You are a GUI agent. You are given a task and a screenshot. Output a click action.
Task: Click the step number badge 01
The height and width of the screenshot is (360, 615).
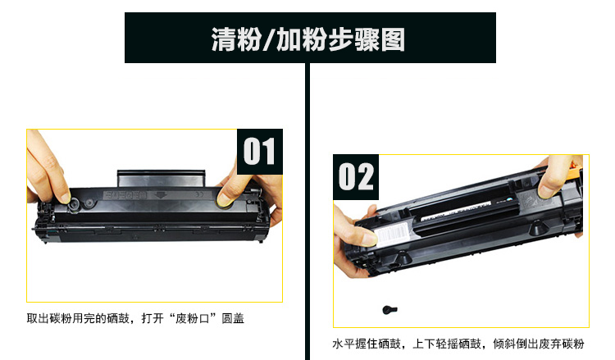[260, 152]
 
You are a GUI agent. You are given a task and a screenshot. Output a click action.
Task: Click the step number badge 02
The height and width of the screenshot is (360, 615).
[356, 177]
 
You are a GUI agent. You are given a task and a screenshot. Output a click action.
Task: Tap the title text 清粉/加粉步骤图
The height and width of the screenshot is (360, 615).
[308, 39]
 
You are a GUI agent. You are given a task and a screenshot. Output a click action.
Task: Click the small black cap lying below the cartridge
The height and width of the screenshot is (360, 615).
[389, 310]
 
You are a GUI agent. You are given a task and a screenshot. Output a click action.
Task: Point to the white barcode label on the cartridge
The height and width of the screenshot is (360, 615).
[394, 234]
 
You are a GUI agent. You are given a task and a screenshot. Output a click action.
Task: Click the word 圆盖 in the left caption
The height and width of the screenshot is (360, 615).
[233, 318]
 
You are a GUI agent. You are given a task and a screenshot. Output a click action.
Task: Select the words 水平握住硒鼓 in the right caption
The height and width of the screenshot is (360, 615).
[367, 344]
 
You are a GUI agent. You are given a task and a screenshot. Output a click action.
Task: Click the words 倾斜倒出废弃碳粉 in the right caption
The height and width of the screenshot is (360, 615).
[539, 344]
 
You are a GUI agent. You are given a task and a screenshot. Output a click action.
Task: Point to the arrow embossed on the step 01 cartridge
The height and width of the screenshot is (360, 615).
[160, 194]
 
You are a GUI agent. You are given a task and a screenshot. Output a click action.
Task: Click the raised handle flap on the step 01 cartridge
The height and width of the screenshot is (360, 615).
[162, 179]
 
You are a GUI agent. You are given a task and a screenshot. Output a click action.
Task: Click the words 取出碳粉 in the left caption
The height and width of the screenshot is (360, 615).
[49, 318]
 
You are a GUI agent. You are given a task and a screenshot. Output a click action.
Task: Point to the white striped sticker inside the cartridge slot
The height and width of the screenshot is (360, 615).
[456, 211]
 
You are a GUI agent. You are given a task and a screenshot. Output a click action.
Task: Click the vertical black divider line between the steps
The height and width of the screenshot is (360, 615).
[307, 212]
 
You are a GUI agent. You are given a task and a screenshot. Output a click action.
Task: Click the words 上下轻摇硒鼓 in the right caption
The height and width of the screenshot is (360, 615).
[447, 344]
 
